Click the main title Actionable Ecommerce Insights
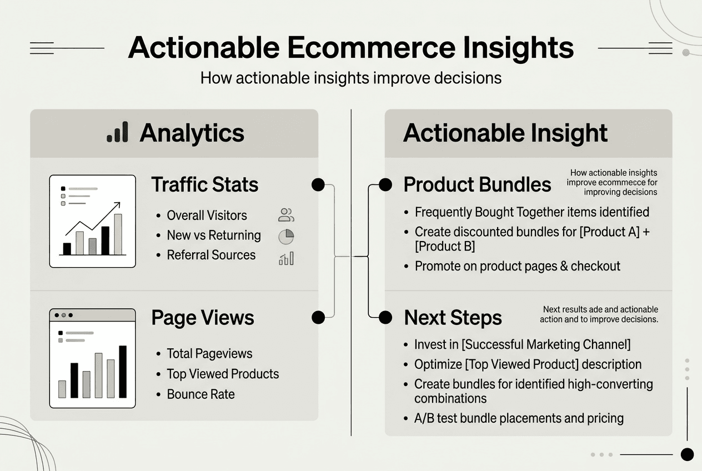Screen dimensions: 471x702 (x=350, y=48)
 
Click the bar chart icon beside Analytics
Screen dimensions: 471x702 (x=117, y=132)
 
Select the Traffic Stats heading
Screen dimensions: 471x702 (x=204, y=184)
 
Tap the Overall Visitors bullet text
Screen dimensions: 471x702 (x=207, y=216)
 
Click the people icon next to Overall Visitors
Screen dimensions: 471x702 (x=286, y=215)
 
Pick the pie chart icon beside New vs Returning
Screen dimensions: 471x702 (x=286, y=237)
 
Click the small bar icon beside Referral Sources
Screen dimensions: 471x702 (x=286, y=258)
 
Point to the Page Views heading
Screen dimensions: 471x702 (x=202, y=318)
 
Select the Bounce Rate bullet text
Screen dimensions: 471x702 (x=200, y=394)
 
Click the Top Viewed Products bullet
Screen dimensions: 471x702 (x=223, y=374)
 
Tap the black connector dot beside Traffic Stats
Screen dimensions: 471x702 (x=318, y=185)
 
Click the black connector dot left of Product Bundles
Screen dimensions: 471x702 (x=385, y=185)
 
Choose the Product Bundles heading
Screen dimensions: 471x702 (x=477, y=185)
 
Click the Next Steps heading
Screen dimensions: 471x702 (x=453, y=318)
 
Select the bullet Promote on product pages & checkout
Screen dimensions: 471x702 (x=517, y=266)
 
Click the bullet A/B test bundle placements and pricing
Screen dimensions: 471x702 (x=519, y=418)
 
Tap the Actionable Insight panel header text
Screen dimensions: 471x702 (x=505, y=133)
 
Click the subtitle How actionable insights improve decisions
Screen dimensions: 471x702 (x=350, y=77)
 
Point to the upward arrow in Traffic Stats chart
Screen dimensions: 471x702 (x=94, y=219)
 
